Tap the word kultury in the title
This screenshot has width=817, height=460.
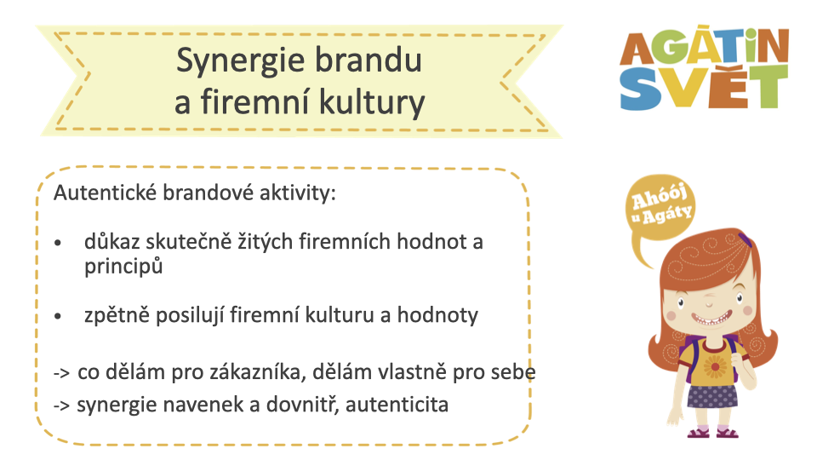point(372,103)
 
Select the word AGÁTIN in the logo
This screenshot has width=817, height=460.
point(705,46)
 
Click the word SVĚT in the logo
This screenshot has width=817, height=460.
point(704,88)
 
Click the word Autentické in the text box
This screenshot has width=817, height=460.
point(105,193)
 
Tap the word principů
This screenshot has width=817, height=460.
point(123,267)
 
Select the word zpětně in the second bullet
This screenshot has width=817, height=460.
point(117,315)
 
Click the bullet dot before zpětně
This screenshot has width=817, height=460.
point(57,316)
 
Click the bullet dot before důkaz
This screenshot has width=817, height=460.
point(57,243)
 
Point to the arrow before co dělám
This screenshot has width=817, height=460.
point(61,373)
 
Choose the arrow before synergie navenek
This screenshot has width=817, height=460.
point(61,405)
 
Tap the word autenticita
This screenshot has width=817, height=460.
point(397,405)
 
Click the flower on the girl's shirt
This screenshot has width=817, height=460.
point(715,366)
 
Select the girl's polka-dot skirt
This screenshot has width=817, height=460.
point(712,396)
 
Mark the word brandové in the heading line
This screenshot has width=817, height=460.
point(209,193)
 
